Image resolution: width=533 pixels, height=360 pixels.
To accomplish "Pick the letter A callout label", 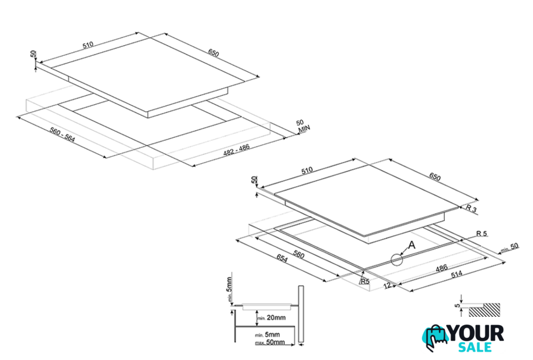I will pos(411,244).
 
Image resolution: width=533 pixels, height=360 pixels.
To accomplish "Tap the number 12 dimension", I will pos(387,285).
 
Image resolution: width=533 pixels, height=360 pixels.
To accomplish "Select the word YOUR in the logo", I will pos(475,333).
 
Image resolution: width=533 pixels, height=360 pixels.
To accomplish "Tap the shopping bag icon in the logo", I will pos(435,337).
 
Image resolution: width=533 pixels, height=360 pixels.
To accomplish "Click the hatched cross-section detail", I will pos(486,310).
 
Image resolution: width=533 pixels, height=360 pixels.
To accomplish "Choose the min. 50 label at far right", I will pos(509,248).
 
